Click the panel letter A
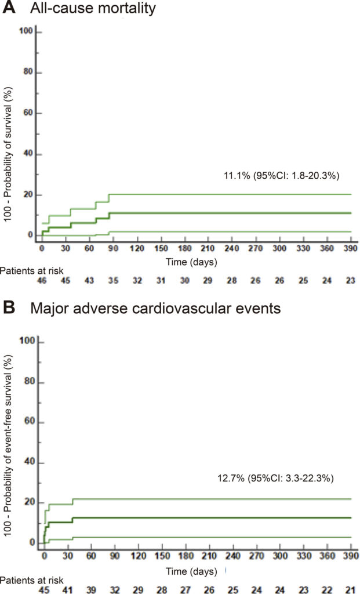(9, 8)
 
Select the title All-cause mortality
(93, 8)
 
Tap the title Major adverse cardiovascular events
(155, 308)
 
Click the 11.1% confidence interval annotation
(282, 175)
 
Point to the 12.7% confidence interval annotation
(275, 478)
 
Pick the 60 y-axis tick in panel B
(31, 422)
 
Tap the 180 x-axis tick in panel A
(185, 248)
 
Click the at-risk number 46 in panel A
(42, 281)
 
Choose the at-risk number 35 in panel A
(113, 281)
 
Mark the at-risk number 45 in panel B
(44, 590)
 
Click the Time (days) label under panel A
(191, 262)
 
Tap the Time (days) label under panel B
(191, 571)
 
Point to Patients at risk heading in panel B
(32, 580)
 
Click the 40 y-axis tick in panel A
(27, 154)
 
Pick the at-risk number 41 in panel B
(67, 590)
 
